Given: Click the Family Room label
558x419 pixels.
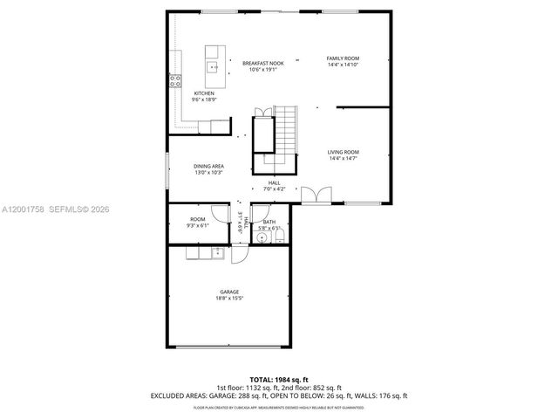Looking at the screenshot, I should pyautogui.click(x=343, y=58).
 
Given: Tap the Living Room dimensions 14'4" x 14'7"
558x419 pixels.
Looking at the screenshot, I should pyautogui.click(x=343, y=158).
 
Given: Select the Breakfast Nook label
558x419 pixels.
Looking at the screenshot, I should pyautogui.click(x=262, y=63).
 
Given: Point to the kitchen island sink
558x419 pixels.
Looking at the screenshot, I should pyautogui.click(x=212, y=65).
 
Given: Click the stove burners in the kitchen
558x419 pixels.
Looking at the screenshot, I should pyautogui.click(x=174, y=83).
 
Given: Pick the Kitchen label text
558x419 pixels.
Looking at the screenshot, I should pyautogui.click(x=204, y=93).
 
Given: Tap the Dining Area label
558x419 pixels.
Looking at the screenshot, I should pyautogui.click(x=209, y=166).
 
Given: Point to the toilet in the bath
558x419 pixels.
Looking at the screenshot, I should pyautogui.click(x=278, y=236).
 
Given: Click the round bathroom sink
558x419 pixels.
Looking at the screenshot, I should pyautogui.click(x=262, y=237).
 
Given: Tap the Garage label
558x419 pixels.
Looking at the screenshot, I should pyautogui.click(x=229, y=292).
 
